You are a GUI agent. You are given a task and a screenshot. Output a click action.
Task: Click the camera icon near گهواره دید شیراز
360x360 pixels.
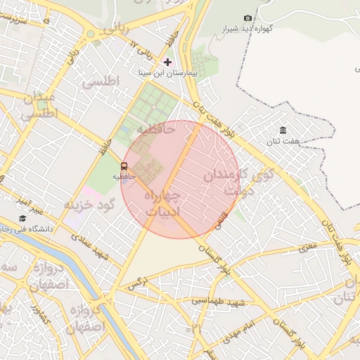coord(247,18)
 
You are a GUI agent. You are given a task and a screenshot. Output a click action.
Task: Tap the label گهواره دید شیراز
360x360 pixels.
coord(266,29)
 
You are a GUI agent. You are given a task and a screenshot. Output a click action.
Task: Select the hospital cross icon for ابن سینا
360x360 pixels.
coord(167,62)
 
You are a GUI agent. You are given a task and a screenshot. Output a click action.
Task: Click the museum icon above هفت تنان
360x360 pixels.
coord(283,131)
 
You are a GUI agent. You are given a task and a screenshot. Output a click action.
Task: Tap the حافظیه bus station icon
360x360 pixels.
coord(124,167)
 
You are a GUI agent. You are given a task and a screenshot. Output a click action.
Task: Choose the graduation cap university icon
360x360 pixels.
coord(22,218)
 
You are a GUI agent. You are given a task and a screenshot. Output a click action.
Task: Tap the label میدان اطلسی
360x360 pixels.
coord(39,105)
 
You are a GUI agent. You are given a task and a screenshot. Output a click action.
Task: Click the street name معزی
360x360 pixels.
coord(307,247)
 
